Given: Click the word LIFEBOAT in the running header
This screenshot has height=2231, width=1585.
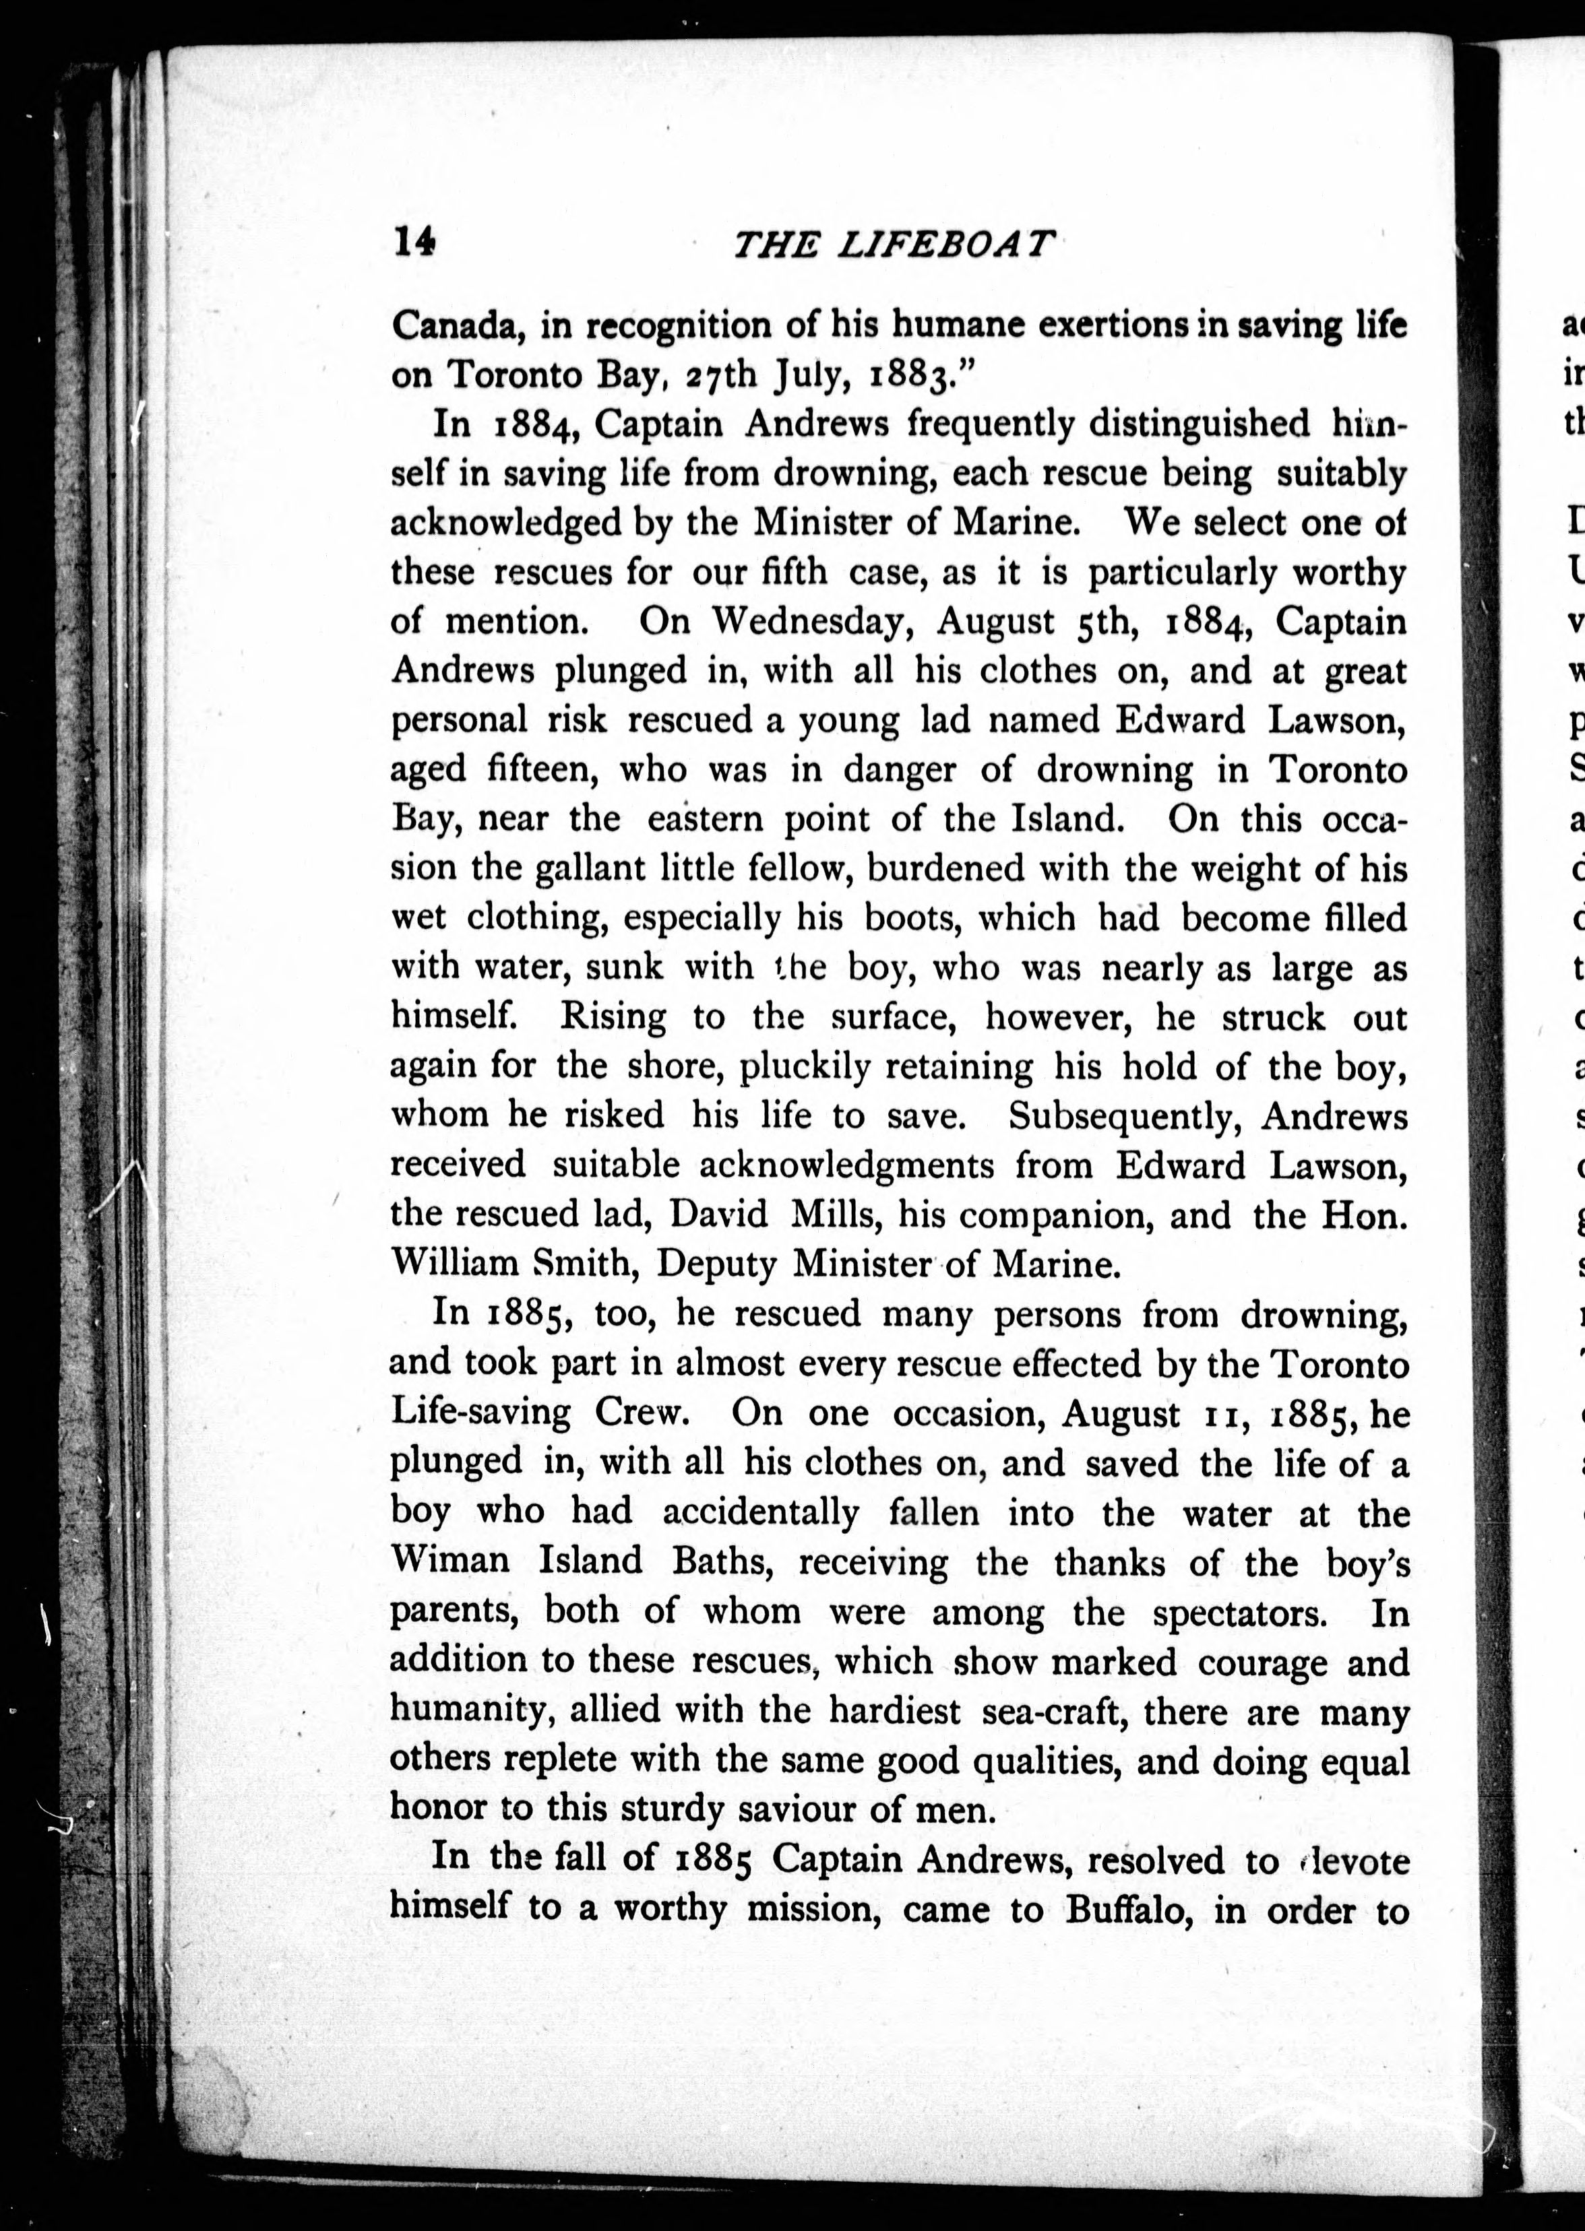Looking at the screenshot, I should (x=945, y=243).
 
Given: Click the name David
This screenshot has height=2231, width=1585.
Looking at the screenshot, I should (x=719, y=1215).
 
